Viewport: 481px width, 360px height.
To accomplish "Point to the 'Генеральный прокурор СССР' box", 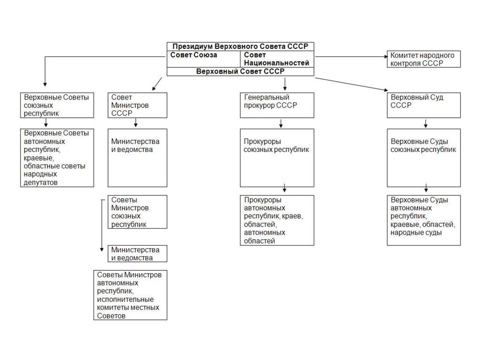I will pos(277,105).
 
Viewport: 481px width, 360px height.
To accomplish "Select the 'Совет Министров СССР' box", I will pos(137,105).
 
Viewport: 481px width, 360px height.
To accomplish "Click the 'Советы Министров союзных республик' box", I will pos(137,212).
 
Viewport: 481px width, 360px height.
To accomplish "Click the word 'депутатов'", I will pos(40,183).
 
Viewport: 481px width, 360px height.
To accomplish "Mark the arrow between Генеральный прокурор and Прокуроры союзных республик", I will pos(281,124).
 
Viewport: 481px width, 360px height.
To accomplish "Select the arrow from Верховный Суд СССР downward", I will pos(425,124).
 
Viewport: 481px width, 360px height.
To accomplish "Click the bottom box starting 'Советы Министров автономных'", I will pos(130,295).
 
